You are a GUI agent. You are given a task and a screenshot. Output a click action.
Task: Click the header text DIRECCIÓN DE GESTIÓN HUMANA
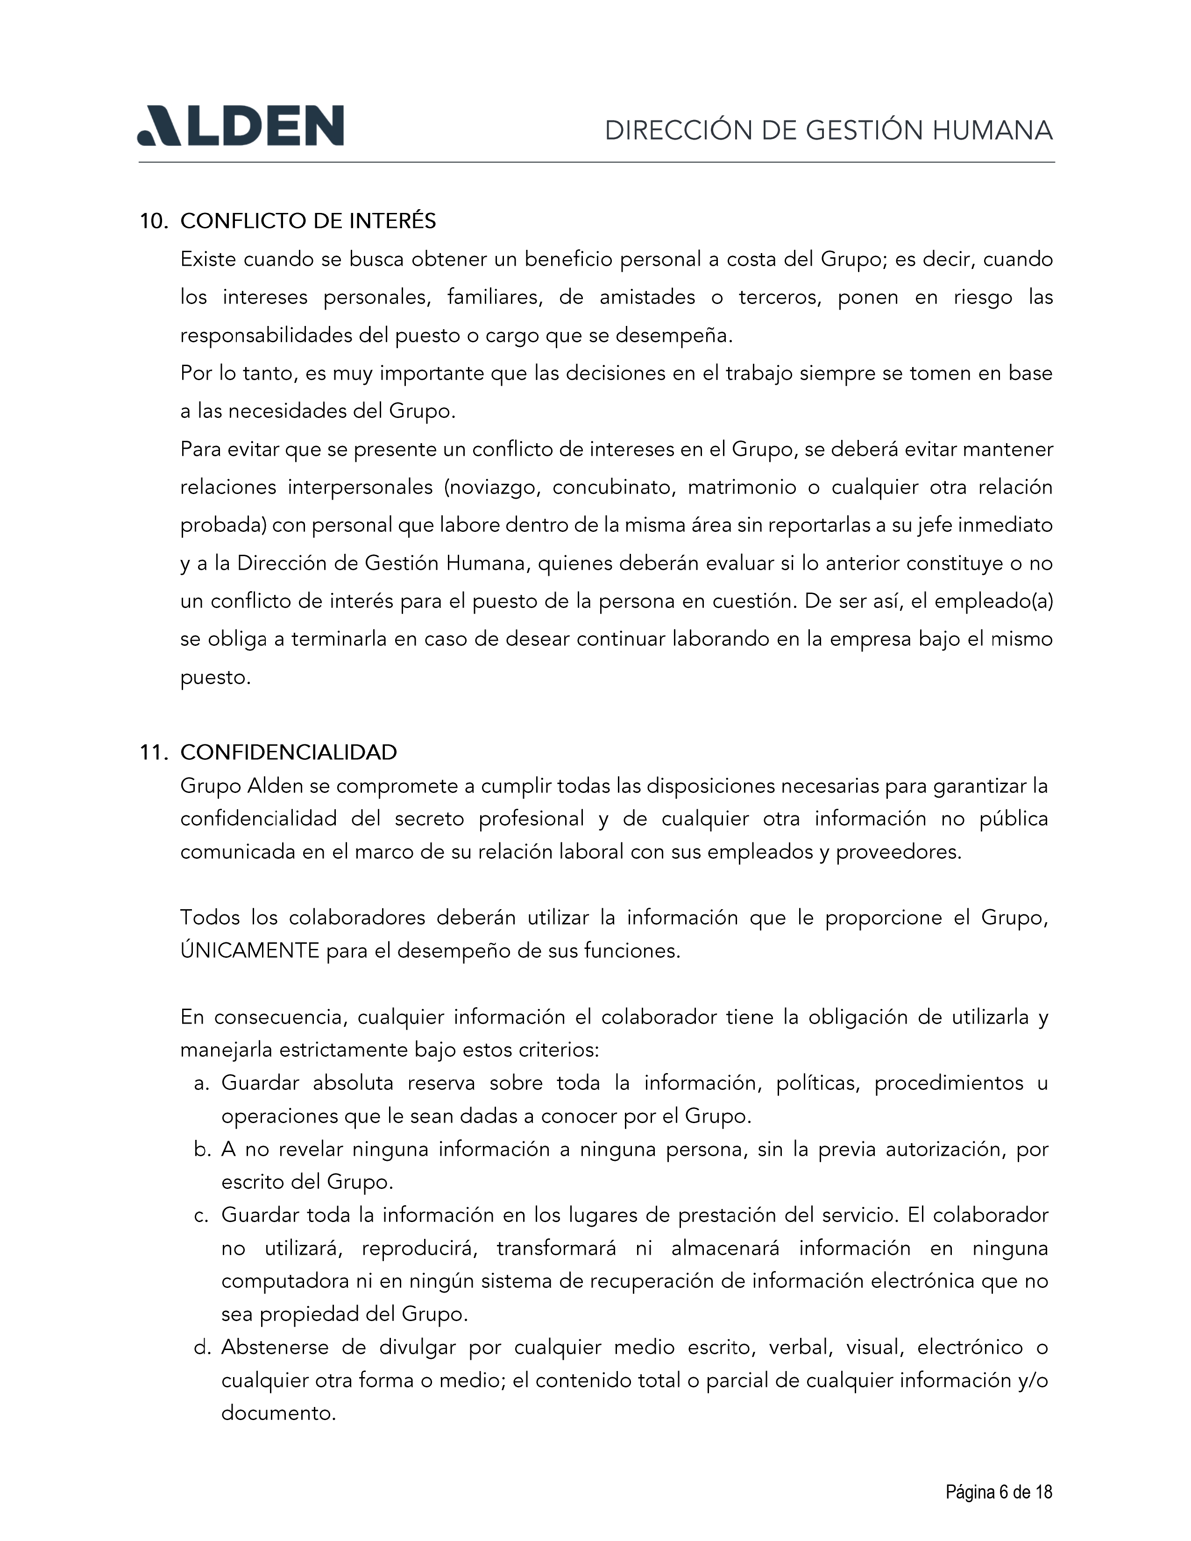click(x=829, y=131)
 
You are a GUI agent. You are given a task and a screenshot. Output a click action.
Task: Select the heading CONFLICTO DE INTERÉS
click(x=308, y=221)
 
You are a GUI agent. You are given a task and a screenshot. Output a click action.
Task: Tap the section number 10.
click(x=153, y=221)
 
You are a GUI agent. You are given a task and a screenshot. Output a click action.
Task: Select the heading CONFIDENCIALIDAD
click(x=289, y=753)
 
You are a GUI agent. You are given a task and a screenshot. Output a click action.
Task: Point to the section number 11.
click(x=153, y=753)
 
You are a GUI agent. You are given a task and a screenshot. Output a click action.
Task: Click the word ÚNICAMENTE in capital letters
click(x=250, y=951)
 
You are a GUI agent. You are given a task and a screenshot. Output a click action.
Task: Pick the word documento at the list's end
click(x=277, y=1414)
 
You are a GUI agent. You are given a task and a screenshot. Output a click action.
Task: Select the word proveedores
click(x=898, y=852)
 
